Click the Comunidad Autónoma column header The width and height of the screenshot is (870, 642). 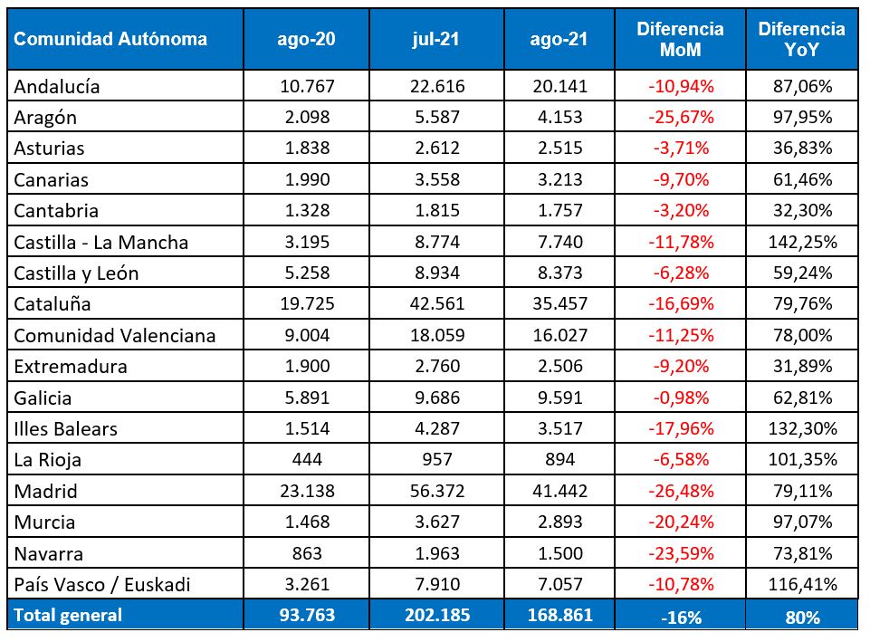110,39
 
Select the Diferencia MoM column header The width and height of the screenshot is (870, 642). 680,39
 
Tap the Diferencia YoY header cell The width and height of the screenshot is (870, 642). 801,39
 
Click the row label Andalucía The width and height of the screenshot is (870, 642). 57,87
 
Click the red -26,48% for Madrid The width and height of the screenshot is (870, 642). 680,491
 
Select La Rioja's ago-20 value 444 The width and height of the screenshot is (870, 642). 308,459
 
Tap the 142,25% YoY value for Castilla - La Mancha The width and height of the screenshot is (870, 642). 801,242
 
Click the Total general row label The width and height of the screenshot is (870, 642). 68,615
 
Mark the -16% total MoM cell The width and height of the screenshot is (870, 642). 680,618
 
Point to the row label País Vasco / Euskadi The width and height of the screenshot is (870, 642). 102,584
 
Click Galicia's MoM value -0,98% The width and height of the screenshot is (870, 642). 680,397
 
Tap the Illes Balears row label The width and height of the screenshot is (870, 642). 66,428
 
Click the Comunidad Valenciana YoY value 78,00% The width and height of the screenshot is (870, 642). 801,335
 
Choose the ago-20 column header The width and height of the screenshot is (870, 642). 308,39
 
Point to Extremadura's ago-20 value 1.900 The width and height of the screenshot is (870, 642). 308,366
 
